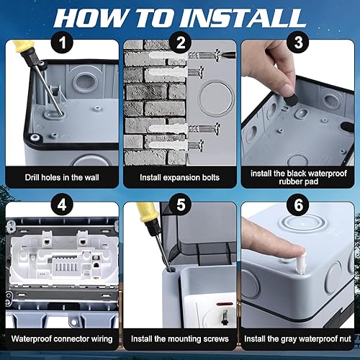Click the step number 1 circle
(x=62, y=42)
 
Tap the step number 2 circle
(x=181, y=42)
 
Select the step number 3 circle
(x=298, y=42)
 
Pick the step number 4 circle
(x=62, y=204)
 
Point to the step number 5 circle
(x=181, y=204)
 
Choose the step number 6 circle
(x=298, y=204)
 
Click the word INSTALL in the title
(x=243, y=19)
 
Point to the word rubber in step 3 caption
(x=287, y=181)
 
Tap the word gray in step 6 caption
(x=289, y=339)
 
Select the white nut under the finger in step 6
(x=301, y=264)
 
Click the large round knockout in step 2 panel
(x=216, y=99)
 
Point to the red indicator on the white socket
(x=222, y=305)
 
